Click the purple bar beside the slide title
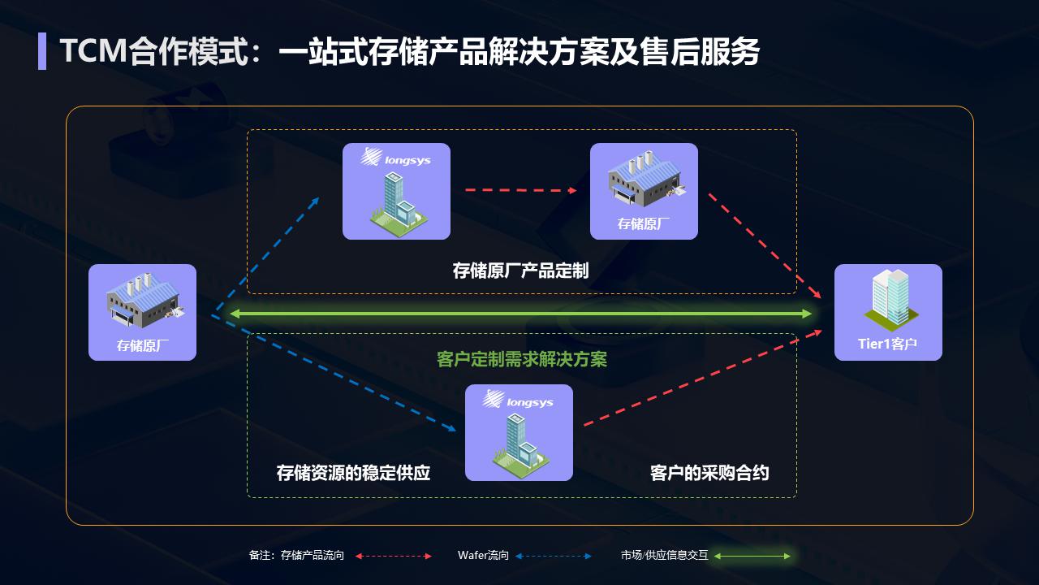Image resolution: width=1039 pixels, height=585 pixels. click(x=42, y=51)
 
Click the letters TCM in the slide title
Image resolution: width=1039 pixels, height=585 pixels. click(x=93, y=50)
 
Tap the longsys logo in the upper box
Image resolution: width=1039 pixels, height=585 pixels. click(x=395, y=158)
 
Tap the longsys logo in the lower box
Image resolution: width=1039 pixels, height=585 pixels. click(x=518, y=399)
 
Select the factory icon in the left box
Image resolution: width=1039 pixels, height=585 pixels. click(x=144, y=301)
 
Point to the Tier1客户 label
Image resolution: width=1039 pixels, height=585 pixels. click(x=888, y=344)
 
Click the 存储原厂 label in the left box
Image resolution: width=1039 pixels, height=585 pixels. click(x=142, y=345)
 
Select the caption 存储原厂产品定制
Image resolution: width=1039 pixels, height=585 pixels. click(x=520, y=271)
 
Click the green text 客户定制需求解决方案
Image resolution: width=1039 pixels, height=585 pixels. click(x=522, y=359)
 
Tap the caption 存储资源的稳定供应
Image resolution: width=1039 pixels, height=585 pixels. click(x=353, y=473)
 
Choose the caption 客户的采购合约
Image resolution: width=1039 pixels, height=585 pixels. click(x=709, y=473)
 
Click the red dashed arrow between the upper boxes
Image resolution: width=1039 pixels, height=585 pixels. click(x=521, y=190)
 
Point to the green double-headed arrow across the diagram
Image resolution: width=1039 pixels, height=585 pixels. click(x=521, y=314)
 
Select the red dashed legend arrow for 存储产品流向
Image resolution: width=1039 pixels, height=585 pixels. click(x=394, y=556)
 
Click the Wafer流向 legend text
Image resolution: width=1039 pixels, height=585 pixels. click(x=483, y=555)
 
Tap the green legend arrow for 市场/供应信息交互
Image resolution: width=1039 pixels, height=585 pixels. click(x=752, y=556)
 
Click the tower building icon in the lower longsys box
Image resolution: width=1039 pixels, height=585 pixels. click(x=520, y=441)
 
